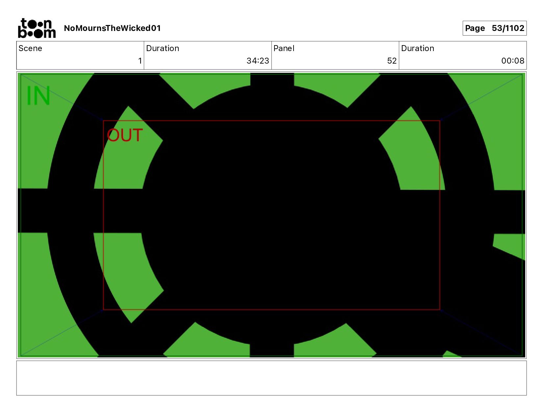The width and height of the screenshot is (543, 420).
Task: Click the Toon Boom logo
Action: coord(37,28)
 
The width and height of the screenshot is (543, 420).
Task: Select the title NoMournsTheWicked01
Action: coord(112,28)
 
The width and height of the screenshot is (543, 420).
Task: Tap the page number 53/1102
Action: coord(508,28)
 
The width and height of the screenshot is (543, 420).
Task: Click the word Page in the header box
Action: coord(475,28)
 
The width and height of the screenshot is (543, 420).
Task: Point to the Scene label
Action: coord(30,48)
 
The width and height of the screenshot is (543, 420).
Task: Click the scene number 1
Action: coord(140,61)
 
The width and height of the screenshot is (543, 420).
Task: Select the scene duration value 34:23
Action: coord(258,61)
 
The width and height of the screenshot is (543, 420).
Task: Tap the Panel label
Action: coord(284,48)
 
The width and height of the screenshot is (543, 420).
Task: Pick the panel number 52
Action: coord(392,61)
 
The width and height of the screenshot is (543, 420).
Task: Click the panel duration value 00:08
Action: coord(512,61)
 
